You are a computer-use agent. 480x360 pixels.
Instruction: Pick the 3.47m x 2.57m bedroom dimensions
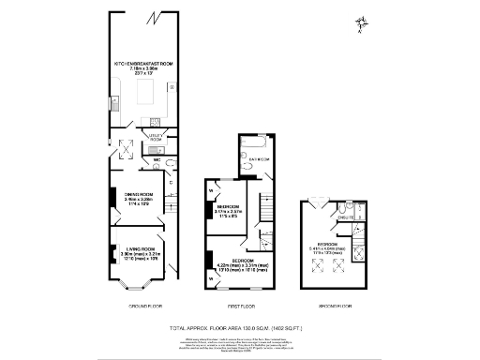[x=228, y=211]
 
